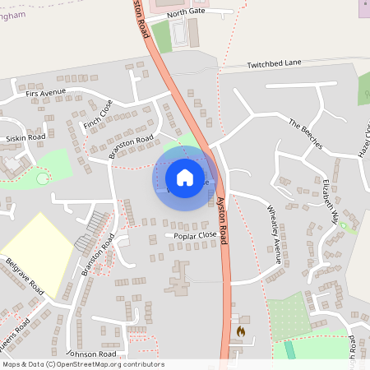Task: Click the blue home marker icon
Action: click(184, 177)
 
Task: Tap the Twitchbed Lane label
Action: click(275, 63)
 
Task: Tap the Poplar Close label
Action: click(195, 235)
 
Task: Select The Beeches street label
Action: click(306, 133)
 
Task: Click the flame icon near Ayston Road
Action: click(240, 331)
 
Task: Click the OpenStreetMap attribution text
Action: click(82, 364)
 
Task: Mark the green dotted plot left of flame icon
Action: click(289, 315)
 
